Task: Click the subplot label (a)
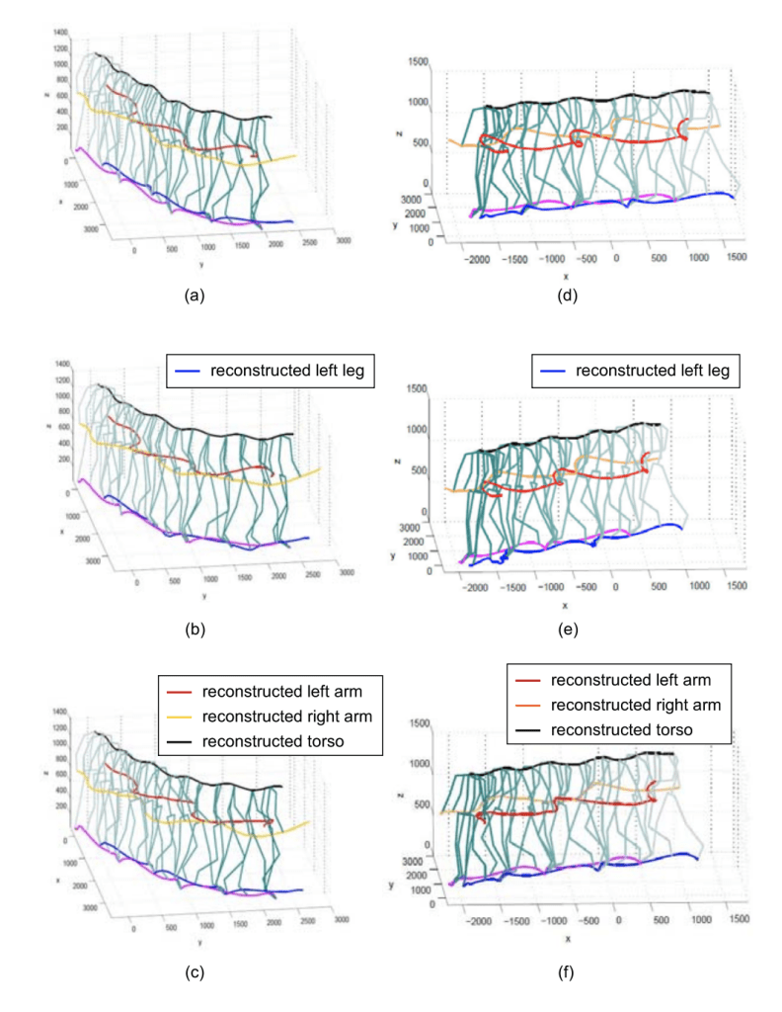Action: pyautogui.click(x=195, y=294)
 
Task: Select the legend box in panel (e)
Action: pyautogui.click(x=637, y=372)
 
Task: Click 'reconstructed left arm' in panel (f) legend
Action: pyautogui.click(x=617, y=681)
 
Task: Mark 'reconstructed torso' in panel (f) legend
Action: pyautogui.click(x=612, y=729)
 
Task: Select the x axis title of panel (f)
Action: pyautogui.click(x=569, y=938)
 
